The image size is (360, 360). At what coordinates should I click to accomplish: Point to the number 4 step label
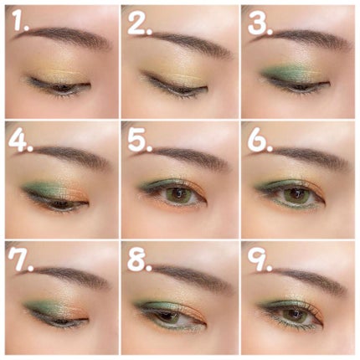21,141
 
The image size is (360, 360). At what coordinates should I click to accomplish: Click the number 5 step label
140,141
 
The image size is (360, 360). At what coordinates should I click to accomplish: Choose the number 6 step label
260,141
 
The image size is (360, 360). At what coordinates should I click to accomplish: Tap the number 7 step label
20,260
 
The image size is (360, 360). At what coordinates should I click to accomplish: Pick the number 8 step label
140,260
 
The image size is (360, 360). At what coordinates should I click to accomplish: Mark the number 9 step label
260,260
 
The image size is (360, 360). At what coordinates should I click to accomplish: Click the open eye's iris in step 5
180,194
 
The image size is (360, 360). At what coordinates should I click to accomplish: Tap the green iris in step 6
296,194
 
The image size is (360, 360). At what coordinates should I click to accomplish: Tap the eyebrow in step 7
65,275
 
